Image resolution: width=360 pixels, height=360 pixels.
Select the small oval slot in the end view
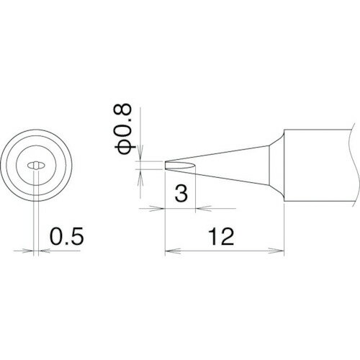coord(33,166)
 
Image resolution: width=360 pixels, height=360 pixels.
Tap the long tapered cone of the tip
coord(223,157)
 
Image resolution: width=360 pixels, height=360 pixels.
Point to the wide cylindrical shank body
coord(317,165)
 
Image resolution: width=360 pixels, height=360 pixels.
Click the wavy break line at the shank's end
coord(354,165)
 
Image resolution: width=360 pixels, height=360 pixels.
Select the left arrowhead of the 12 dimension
coord(170,252)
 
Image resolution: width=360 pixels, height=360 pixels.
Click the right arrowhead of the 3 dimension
coord(200,209)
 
